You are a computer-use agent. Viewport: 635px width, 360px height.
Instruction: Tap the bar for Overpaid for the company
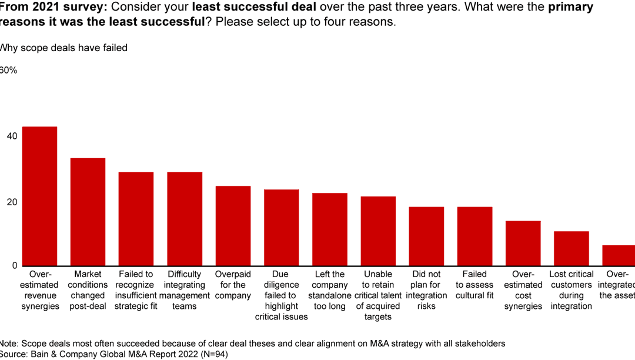coord(233,226)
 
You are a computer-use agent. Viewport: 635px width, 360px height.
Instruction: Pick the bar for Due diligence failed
coord(281,228)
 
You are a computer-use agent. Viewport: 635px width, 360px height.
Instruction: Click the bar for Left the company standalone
coord(329,229)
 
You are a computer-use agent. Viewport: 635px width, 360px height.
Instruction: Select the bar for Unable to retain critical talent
coord(378,231)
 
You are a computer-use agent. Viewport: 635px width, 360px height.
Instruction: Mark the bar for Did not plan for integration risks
coord(426,236)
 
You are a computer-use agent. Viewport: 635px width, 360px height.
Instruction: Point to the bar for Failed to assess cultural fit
coord(474,236)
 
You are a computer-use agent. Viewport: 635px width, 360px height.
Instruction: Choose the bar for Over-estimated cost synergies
coord(523,244)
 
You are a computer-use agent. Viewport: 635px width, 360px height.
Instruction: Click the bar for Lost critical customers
coord(571,249)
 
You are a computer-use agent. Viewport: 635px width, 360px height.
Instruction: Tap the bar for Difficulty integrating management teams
coord(185,219)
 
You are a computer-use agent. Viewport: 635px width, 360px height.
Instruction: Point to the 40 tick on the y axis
coord(12,136)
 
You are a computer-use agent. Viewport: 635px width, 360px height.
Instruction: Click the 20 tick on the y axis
coord(12,202)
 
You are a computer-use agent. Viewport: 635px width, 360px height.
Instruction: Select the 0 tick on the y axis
coord(15,266)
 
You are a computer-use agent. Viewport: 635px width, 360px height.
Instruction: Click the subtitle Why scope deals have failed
coord(63,48)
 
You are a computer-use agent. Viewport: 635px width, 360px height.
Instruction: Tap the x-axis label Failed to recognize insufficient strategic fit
coord(136,290)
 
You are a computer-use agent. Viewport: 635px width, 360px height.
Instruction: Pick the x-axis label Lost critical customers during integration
coord(571,290)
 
